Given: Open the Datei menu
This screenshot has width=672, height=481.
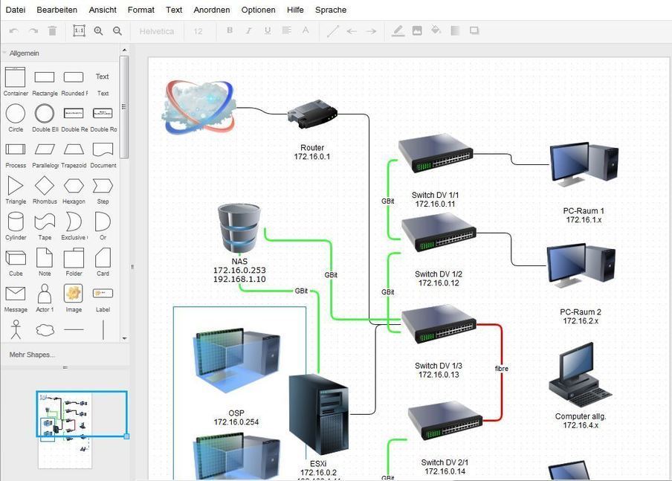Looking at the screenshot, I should [x=15, y=10].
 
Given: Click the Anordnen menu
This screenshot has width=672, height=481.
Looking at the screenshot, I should [x=211, y=10].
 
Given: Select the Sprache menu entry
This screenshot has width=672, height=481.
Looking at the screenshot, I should [x=331, y=10].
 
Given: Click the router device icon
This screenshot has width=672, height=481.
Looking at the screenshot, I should [x=312, y=115].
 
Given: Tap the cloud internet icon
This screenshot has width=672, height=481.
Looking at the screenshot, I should [x=198, y=106].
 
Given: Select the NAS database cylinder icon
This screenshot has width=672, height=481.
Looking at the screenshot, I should [x=239, y=228].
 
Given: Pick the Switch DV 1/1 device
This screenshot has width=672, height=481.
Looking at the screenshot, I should [x=436, y=153].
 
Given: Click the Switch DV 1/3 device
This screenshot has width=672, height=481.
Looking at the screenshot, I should [x=439, y=323].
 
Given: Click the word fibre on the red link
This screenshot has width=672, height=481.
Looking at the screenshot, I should [x=502, y=369].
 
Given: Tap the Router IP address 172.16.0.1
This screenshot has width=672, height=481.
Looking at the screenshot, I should [x=312, y=157].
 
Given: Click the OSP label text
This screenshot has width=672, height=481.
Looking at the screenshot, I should [x=236, y=413].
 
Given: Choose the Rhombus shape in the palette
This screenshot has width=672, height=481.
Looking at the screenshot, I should [x=45, y=185].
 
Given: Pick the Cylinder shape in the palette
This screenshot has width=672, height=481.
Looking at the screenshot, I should [x=16, y=222].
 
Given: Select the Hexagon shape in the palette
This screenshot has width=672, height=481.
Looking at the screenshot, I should [x=74, y=185].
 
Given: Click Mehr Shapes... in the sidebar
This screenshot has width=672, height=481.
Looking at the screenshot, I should [x=32, y=355].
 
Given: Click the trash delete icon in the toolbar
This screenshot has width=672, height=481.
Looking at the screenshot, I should [x=52, y=31].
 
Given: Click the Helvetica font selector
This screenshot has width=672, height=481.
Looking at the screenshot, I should [x=157, y=31].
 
